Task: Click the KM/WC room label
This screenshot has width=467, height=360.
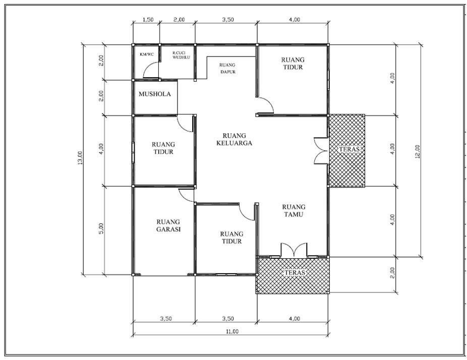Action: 147,54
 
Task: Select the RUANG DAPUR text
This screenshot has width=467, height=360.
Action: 227,68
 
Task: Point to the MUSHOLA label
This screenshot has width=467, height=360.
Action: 155,94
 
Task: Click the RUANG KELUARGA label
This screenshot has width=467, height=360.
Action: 234,139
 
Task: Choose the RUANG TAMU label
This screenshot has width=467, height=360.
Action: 294,211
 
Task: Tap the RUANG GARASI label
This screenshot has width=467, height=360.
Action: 168,225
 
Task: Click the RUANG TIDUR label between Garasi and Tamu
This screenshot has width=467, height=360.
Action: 231,237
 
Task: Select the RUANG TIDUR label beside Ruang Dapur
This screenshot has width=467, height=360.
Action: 293,63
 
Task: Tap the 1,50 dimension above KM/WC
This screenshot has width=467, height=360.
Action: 148,20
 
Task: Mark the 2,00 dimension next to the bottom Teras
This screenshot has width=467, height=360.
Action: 392,273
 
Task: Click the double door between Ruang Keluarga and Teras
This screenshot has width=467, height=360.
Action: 321,150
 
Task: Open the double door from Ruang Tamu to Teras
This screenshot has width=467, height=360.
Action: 294,250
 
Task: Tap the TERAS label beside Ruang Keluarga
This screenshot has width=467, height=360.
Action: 349,149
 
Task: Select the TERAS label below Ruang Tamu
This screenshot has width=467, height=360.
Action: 295,272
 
